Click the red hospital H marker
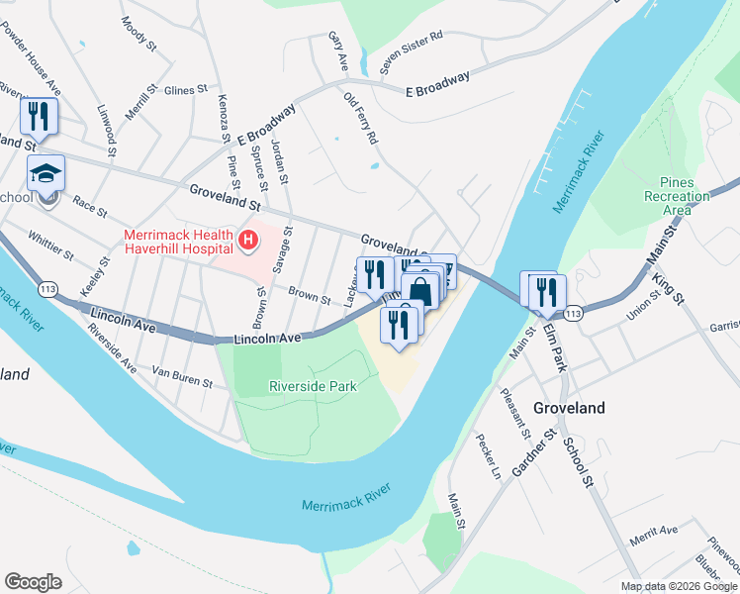(x=248, y=240)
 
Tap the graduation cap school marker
(x=46, y=174)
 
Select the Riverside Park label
(x=313, y=387)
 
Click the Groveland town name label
(x=569, y=407)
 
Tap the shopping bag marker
(x=420, y=292)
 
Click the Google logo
(x=33, y=582)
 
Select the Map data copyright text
(x=678, y=586)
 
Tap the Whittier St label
(x=51, y=247)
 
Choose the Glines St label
(x=185, y=89)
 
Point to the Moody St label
(x=139, y=33)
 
